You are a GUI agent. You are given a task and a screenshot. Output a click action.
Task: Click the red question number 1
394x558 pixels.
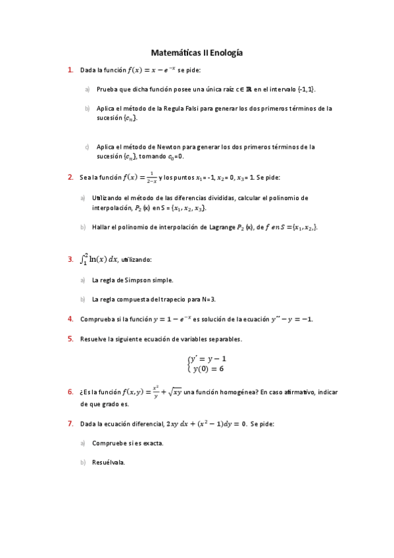click(x=70, y=69)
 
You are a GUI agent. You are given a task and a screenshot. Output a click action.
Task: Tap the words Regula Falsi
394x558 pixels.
click(x=178, y=108)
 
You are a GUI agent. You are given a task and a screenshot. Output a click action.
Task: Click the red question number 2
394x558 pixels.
click(x=70, y=177)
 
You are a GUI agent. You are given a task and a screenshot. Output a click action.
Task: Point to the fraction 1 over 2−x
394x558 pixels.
click(x=151, y=177)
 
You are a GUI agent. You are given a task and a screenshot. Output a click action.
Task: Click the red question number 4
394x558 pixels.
click(x=70, y=319)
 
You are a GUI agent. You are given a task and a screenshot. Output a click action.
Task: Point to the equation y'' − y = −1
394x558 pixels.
click(x=287, y=319)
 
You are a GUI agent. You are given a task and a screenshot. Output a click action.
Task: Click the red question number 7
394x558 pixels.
click(x=70, y=424)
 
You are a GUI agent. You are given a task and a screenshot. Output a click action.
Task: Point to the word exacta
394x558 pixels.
click(x=151, y=443)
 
